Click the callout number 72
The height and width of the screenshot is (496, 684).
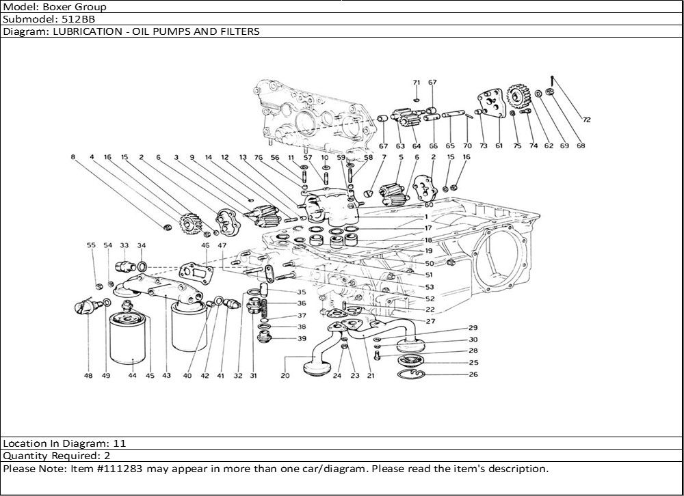coord(586,120)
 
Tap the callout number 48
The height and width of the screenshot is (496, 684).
coord(88,376)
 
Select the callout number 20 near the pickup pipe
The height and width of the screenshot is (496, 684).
coord(285,376)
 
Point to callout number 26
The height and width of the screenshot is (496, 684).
coord(473,374)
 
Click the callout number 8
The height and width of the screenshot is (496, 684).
coord(73,157)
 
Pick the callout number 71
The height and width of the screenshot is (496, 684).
coord(416,83)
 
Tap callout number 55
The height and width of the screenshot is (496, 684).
coord(91,245)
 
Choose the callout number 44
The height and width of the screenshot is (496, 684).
coord(132,376)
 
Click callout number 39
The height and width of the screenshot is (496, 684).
coord(302,339)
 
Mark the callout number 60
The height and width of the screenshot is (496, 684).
coord(429,204)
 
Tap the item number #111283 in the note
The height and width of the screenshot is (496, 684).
coord(118,469)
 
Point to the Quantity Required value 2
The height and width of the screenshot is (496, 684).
coord(107,456)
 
